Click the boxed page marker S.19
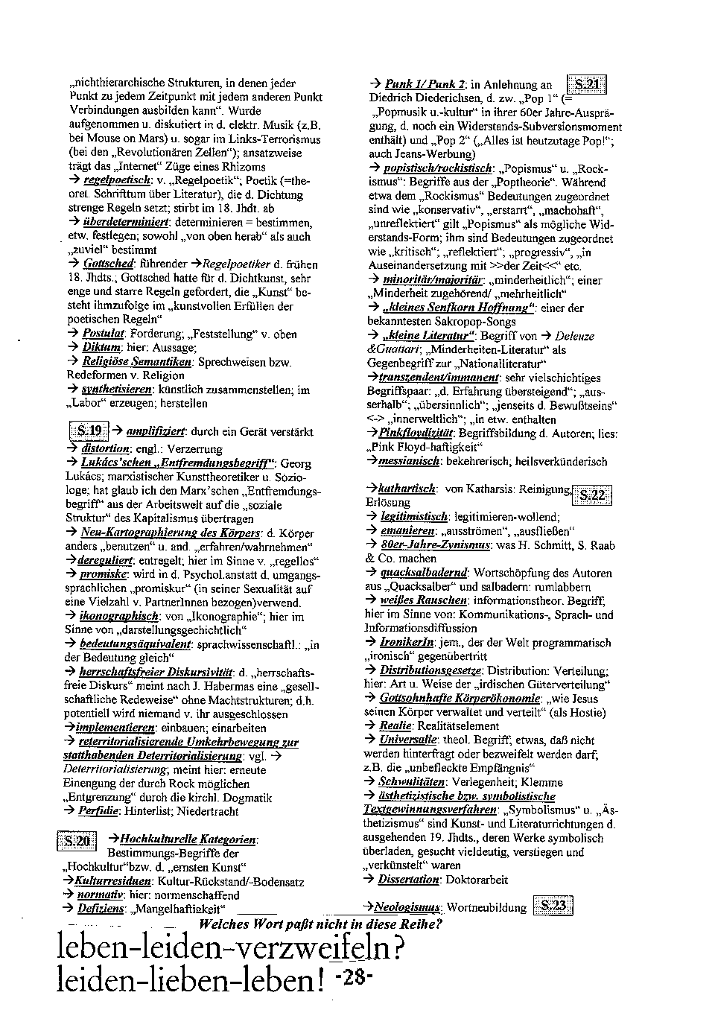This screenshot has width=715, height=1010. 89,431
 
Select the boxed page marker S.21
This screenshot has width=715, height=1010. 586,84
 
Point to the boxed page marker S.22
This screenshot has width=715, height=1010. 592,495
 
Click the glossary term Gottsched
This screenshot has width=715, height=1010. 107,264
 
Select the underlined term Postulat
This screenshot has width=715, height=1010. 103,334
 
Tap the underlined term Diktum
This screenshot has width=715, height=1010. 101,348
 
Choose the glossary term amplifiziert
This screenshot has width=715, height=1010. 156,431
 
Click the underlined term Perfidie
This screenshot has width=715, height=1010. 100,812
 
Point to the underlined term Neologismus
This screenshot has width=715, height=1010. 407,907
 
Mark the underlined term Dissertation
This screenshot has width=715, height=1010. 409,880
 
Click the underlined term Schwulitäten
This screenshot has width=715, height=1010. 412,782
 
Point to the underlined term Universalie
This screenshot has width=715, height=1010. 408,740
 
